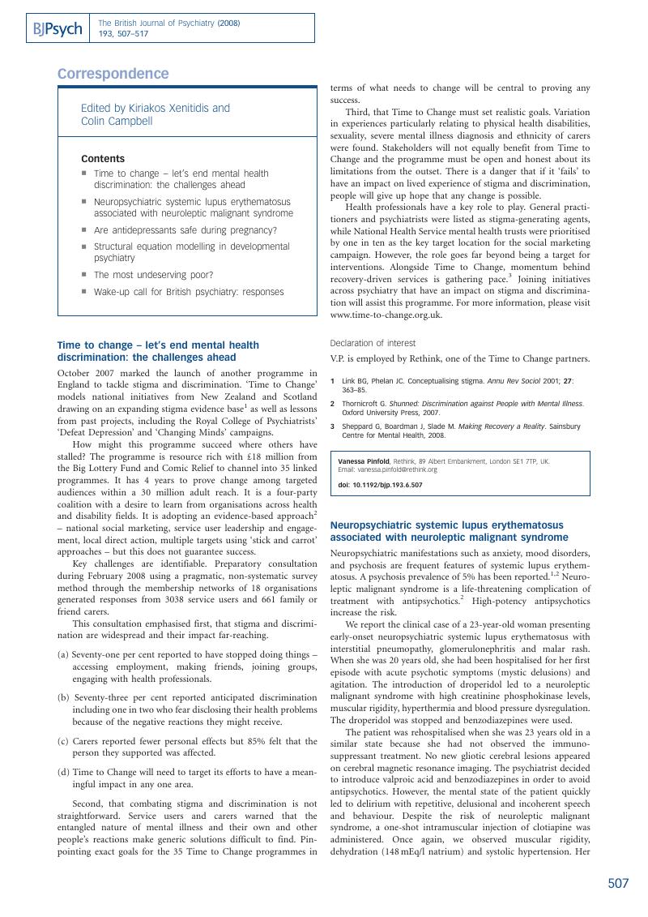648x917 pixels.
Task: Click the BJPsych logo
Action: click(x=57, y=29)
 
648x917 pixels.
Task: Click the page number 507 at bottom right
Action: click(x=618, y=884)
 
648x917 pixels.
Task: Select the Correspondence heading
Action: click(x=113, y=74)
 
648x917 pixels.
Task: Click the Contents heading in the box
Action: click(x=103, y=159)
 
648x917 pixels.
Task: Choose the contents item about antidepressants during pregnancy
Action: click(x=185, y=229)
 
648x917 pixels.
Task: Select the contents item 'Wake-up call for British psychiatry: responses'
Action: click(x=189, y=292)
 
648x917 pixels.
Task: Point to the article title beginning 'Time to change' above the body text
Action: click(x=158, y=351)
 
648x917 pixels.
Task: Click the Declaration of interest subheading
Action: click(x=373, y=343)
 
